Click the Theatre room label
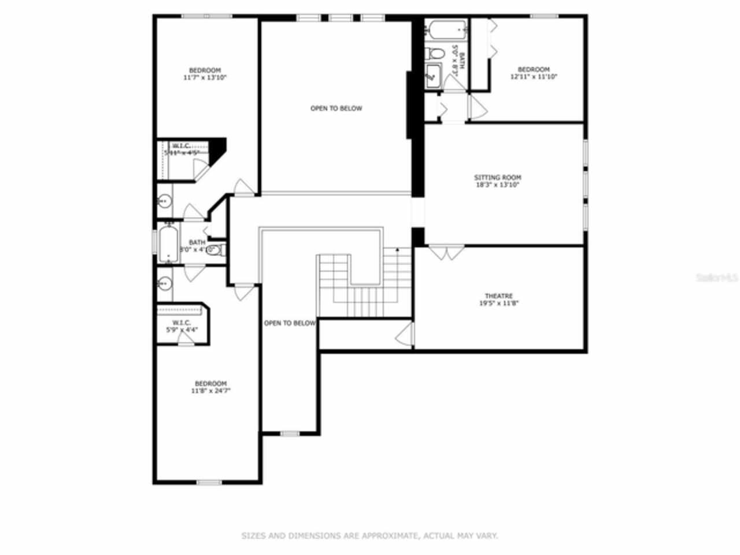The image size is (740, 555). [x=498, y=296]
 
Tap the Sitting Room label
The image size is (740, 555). [x=497, y=177]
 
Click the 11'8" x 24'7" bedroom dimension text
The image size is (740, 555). [x=211, y=391]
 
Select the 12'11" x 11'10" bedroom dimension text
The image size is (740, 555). [x=533, y=76]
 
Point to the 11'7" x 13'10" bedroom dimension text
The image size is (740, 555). [x=205, y=77]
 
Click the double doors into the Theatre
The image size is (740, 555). [x=446, y=253]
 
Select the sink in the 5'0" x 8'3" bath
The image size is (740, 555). [x=432, y=76]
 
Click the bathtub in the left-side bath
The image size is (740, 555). [x=168, y=243]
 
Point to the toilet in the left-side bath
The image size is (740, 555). [x=214, y=250]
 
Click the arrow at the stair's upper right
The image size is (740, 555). [x=398, y=250]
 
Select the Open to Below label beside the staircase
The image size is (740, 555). [x=290, y=323]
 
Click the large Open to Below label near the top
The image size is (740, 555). [x=336, y=108]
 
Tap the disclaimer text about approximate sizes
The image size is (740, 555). [x=369, y=536]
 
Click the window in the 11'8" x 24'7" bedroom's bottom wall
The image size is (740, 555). [x=209, y=482]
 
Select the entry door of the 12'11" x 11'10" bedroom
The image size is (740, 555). [x=476, y=108]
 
